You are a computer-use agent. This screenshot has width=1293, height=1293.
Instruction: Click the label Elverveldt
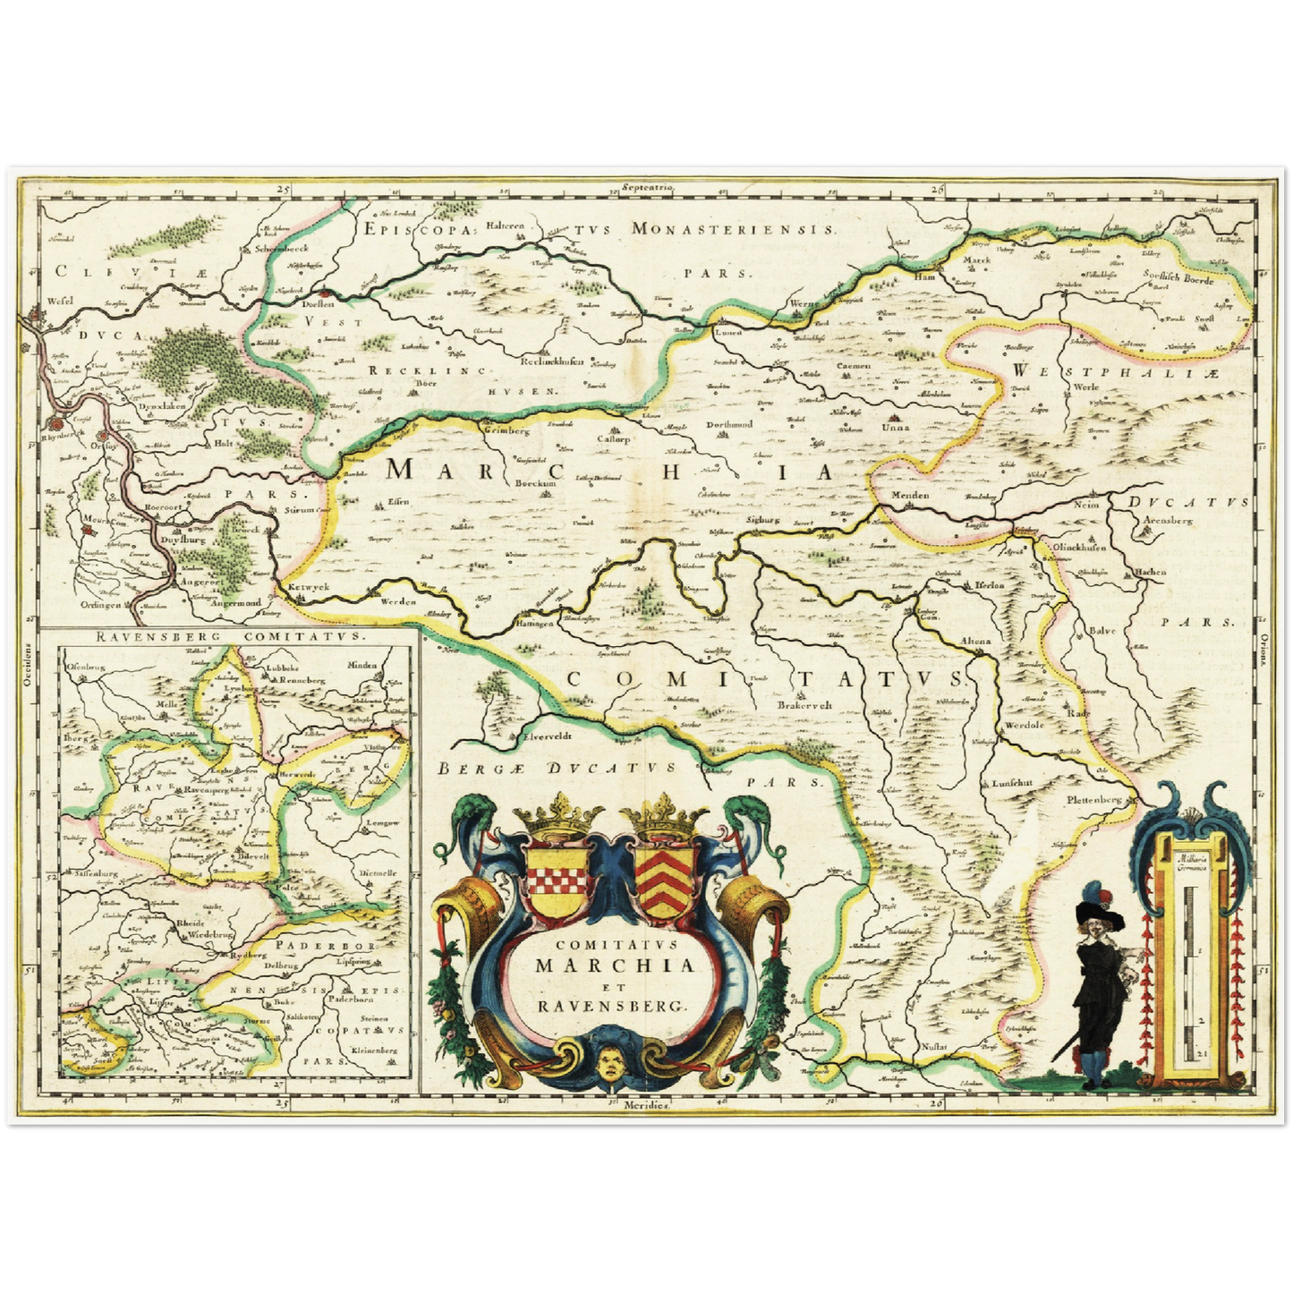[545, 739]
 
